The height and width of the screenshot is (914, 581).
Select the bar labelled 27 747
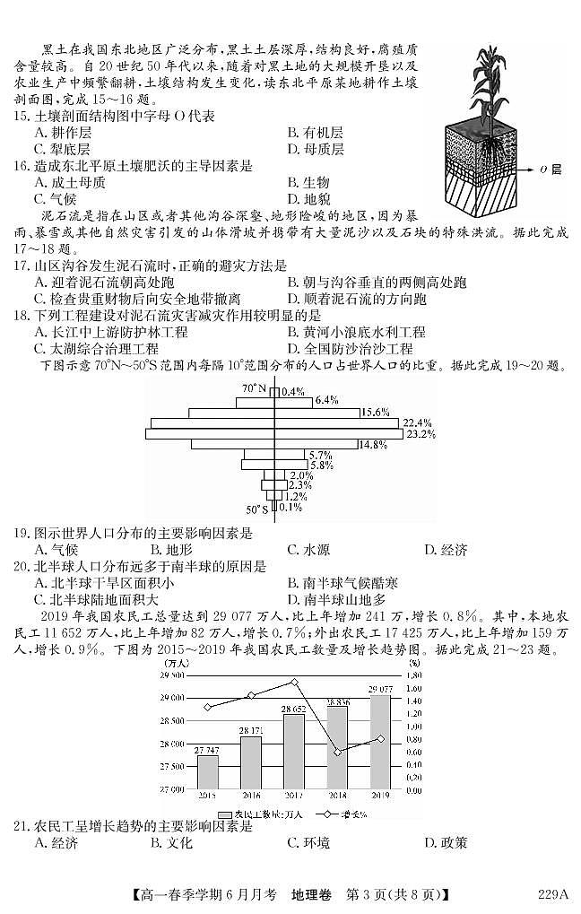207,772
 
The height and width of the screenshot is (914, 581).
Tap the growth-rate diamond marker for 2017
295,683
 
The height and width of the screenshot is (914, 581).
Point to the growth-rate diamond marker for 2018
338,753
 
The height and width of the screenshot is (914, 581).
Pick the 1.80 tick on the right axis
413,675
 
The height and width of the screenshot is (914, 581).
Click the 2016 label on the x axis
250,796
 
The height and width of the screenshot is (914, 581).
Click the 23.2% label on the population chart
420,434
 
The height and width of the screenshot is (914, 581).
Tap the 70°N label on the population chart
254,388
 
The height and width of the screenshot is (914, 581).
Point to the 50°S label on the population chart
256,509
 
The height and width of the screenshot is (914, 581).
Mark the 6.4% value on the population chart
325,400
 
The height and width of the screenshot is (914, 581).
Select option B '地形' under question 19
173,550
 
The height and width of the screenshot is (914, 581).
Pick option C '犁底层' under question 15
63,149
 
